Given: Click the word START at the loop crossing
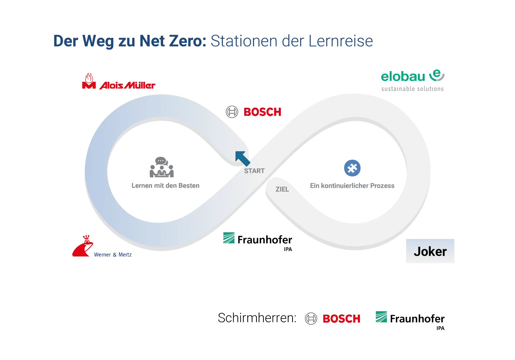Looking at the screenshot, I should coord(254,171).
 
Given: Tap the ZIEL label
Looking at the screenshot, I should coord(282,189).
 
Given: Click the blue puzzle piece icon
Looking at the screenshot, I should coord(352,168).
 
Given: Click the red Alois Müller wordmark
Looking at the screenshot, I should coord(127,86).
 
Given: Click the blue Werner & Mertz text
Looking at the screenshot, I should coord(113,255).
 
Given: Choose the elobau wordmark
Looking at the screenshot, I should coord(402,77).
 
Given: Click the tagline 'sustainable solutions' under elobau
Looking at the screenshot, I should coord(412,89).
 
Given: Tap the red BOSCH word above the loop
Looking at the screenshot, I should coord(262,112).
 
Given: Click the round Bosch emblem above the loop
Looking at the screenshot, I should coord(232,112).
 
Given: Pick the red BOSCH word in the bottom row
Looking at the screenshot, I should coord(341,319).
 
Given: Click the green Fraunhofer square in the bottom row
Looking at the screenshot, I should coord(382,317).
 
